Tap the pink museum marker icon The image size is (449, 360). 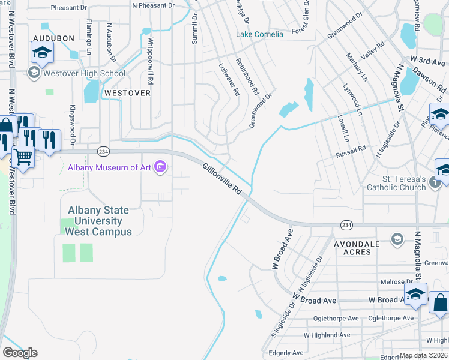pyautogui.click(x=160, y=167)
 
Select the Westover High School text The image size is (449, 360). pyautogui.click(x=83, y=74)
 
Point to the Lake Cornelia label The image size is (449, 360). pyautogui.click(x=259, y=34)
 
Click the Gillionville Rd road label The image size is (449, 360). pyautogui.click(x=222, y=179)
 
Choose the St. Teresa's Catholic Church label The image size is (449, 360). pyautogui.click(x=396, y=183)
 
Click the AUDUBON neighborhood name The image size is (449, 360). pyautogui.click(x=53, y=38)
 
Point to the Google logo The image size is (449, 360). pyautogui.click(x=20, y=353)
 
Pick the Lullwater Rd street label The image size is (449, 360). pyautogui.click(x=229, y=80)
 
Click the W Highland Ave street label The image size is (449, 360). pyautogui.click(x=327, y=335)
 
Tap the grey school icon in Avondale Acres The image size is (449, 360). pyautogui.click(x=396, y=239)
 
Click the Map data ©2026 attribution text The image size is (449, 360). pyautogui.click(x=423, y=355)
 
